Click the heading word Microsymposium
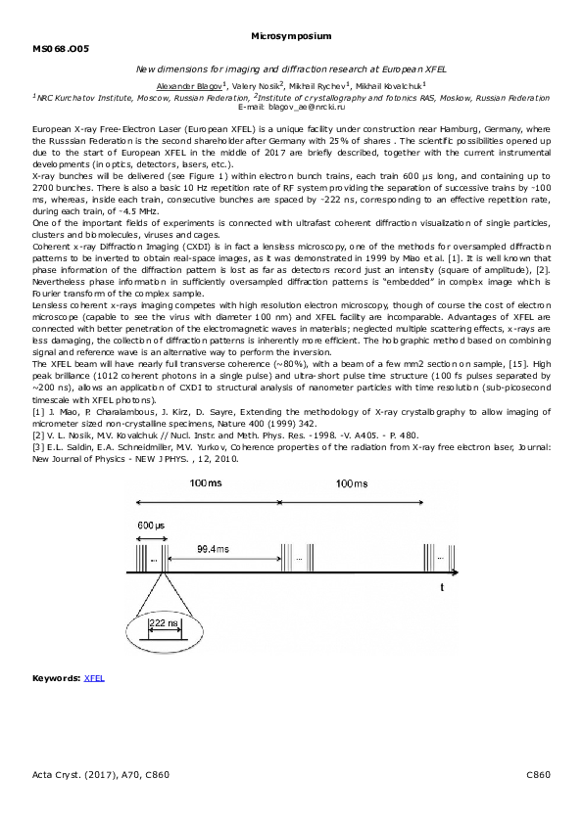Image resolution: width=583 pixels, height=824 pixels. (x=291, y=35)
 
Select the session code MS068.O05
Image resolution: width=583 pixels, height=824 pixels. (x=60, y=48)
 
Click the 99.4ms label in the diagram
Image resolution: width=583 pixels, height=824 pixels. (x=213, y=550)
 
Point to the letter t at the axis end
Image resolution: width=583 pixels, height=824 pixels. (x=442, y=587)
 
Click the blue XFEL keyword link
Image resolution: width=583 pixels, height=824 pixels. (x=94, y=677)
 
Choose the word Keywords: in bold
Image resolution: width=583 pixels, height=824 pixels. (x=56, y=677)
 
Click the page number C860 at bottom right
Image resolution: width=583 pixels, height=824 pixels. (x=538, y=774)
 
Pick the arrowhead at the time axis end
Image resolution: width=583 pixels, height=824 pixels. (x=461, y=571)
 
